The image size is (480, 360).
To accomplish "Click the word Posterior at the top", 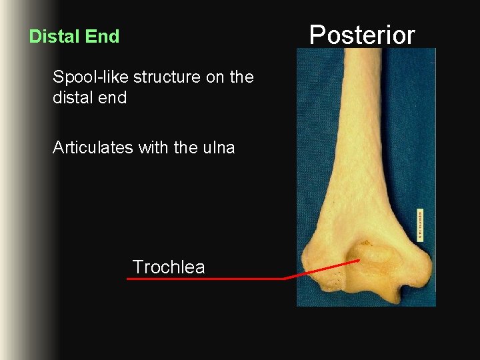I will (x=362, y=35).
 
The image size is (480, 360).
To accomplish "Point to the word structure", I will (x=167, y=77).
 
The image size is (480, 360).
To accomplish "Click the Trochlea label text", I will (x=168, y=267).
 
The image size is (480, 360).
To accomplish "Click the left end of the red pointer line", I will (x=129, y=279).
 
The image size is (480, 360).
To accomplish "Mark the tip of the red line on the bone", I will (x=359, y=261).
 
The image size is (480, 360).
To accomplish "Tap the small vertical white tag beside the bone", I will (x=420, y=225).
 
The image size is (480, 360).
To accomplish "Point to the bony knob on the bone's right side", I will (x=416, y=267).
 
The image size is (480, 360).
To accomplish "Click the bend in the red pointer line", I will (x=285, y=278).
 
